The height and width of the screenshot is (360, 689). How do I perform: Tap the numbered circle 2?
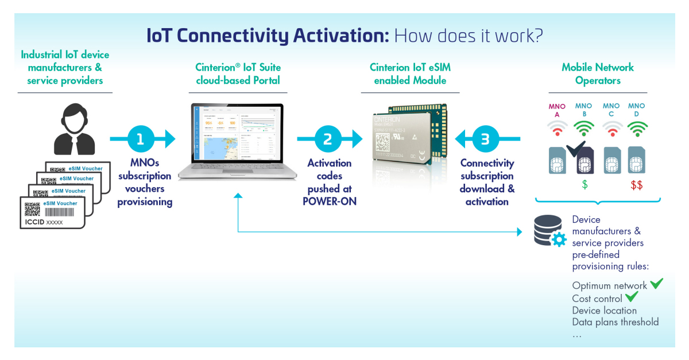pos(328,139)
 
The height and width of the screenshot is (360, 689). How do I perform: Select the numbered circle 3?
pos(486,139)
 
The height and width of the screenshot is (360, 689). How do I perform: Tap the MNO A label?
pos(557,110)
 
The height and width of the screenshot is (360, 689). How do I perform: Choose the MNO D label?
pos(636,110)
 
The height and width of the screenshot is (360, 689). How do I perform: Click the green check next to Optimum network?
pos(656,284)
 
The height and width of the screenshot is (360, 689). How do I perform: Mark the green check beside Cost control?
pos(632,297)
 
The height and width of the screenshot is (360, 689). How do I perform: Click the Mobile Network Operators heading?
pos(598,74)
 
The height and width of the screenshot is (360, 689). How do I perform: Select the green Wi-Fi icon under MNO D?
pos(636,129)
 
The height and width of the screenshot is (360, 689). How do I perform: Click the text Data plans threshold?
pos(615,322)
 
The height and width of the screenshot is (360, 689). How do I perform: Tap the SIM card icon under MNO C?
pos(611,160)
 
